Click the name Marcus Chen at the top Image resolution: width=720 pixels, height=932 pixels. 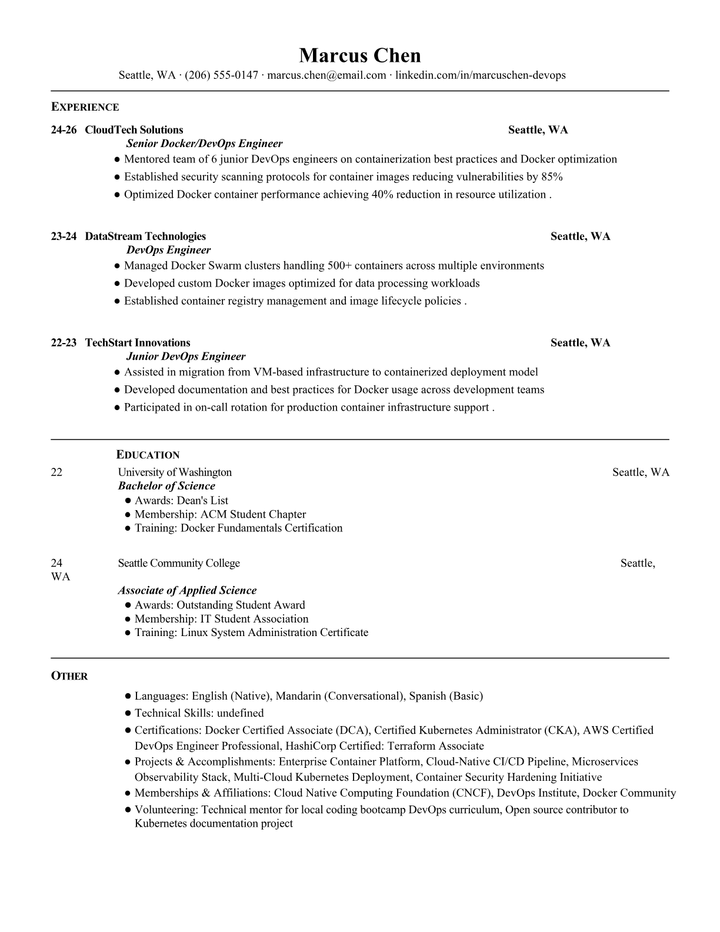pos(359,56)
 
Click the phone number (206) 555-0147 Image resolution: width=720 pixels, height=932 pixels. pos(221,75)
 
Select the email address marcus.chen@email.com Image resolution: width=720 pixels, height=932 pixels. pos(326,75)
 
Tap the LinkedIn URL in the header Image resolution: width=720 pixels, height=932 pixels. pos(480,75)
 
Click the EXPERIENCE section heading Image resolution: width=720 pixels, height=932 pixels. pos(85,107)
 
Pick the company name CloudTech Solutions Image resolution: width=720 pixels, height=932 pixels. pos(134,130)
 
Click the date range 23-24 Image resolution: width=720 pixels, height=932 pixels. pos(64,237)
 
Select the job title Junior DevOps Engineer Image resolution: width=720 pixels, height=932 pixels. pos(186,357)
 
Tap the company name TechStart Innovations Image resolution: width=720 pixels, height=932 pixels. pos(138,343)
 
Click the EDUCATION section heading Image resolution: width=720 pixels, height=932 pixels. pos(148,455)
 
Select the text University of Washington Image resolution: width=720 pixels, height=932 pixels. pos(175,472)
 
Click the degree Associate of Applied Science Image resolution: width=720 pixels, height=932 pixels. pos(187,591)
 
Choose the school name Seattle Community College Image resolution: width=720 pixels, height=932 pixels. pos(179,564)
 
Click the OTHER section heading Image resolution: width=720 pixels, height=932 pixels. pos(69,676)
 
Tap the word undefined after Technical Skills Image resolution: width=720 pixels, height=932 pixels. pos(240,713)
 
